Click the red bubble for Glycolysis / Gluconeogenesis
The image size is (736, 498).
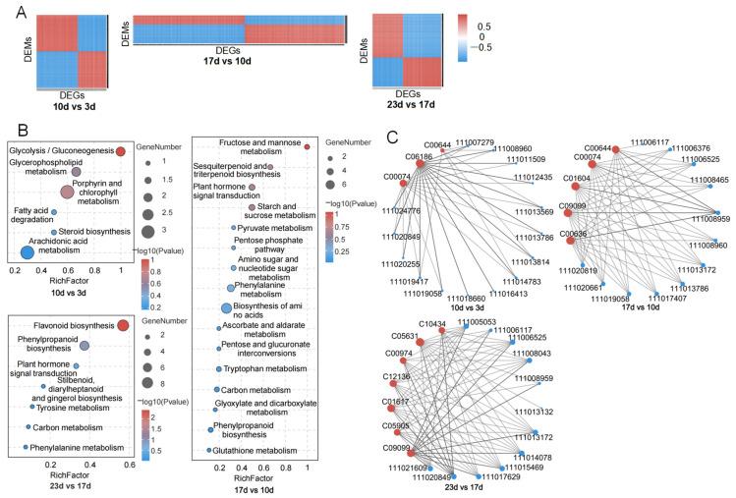(121, 151)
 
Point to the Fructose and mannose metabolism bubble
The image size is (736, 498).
(307, 147)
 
